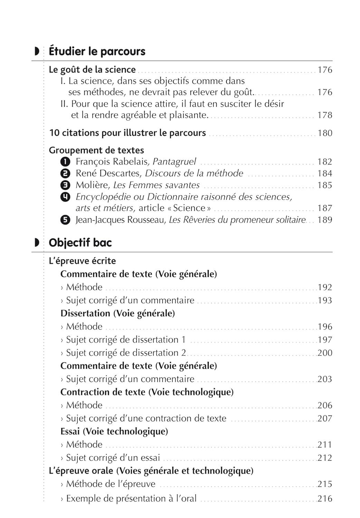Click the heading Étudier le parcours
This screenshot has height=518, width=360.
click(x=97, y=51)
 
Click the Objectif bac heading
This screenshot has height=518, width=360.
click(x=80, y=243)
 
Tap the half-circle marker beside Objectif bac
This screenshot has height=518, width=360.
click(x=37, y=243)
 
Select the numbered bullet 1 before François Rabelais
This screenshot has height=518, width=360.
click(x=65, y=162)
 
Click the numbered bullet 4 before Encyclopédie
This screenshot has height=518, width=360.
click(x=65, y=197)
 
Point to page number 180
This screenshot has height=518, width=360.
click(x=324, y=133)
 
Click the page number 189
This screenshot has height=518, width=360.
click(x=324, y=220)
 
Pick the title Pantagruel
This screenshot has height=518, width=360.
click(x=174, y=162)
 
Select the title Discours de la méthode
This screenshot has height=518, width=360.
click(x=194, y=173)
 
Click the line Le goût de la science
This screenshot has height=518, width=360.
click(x=92, y=70)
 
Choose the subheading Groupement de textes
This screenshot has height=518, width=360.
click(x=96, y=150)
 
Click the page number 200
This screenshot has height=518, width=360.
click(x=324, y=353)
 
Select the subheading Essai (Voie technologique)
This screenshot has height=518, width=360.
click(x=114, y=431)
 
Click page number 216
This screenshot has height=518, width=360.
click(x=324, y=499)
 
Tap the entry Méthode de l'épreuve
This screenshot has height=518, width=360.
click(x=111, y=484)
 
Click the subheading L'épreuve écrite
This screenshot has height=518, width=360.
click(x=82, y=261)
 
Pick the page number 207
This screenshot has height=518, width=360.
click(x=324, y=419)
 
